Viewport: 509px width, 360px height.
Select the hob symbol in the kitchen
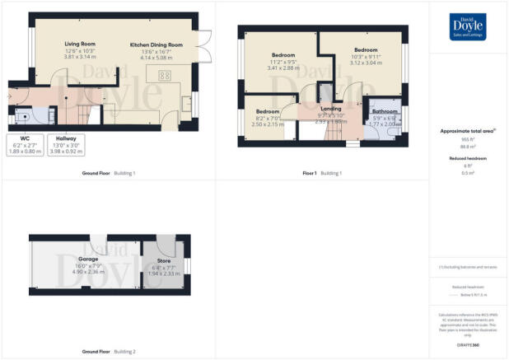pos(163,76)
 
